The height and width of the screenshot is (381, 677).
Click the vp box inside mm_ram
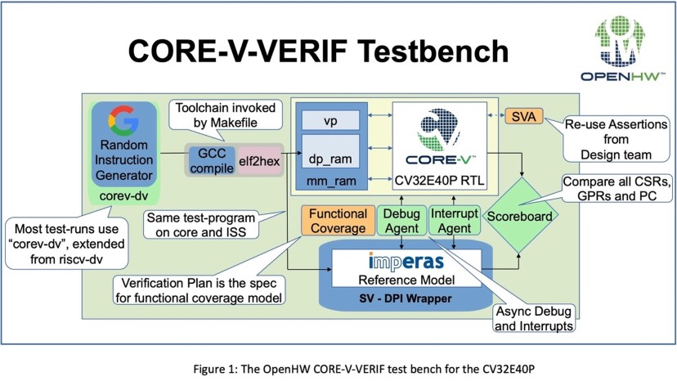pyautogui.click(x=330, y=121)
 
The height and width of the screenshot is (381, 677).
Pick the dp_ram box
pyautogui.click(x=330, y=156)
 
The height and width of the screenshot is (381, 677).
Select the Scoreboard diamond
pyautogui.click(x=518, y=217)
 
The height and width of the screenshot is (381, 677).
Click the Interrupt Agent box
pyautogui.click(x=454, y=221)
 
